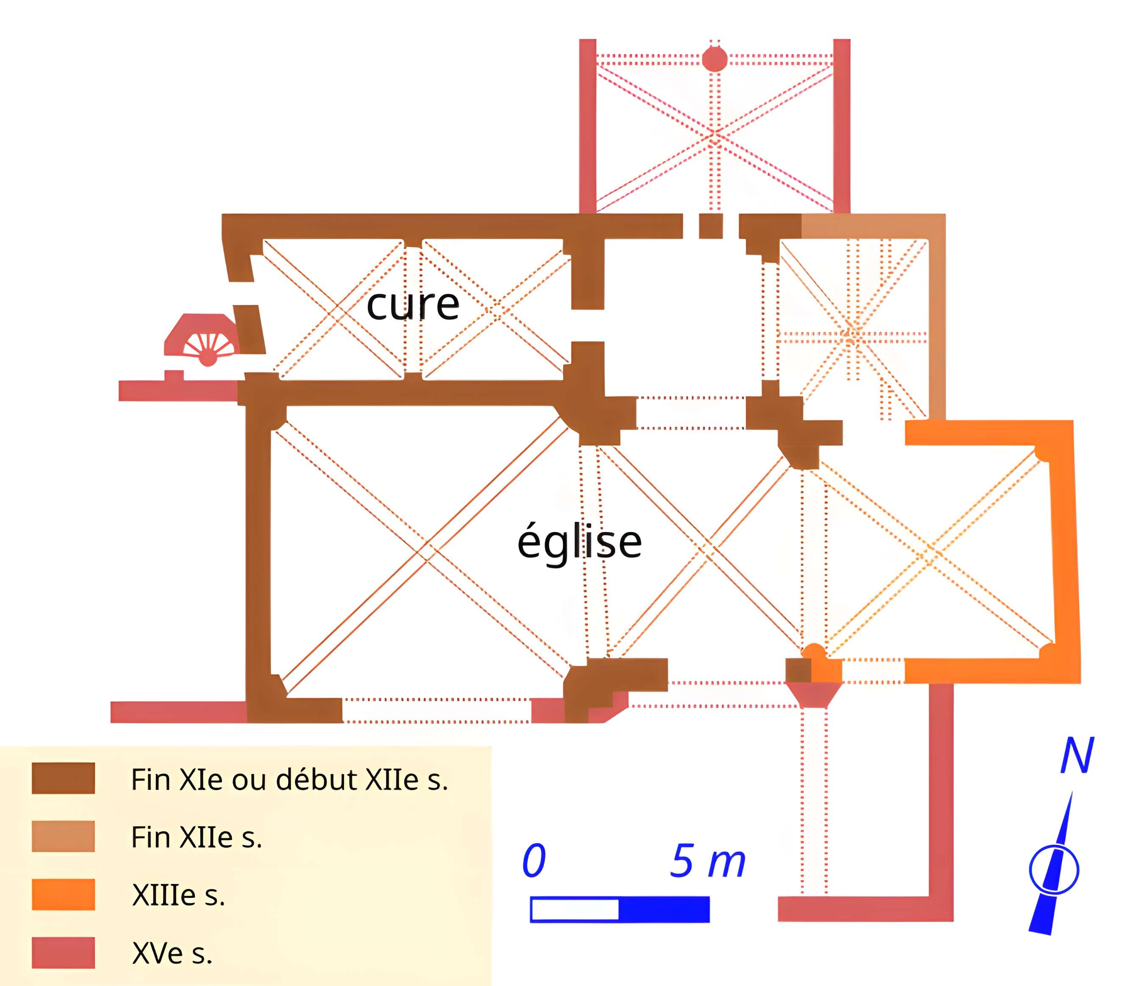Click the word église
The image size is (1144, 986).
pyautogui.click(x=579, y=543)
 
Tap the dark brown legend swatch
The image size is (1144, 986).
pyautogui.click(x=63, y=778)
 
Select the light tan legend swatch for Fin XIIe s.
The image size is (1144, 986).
pyautogui.click(x=63, y=836)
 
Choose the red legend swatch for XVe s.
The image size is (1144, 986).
pyautogui.click(x=63, y=953)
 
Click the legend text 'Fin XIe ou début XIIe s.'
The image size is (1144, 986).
pyautogui.click(x=289, y=780)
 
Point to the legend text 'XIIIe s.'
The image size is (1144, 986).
pyautogui.click(x=178, y=895)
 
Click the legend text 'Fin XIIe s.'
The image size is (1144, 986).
pyautogui.click(x=197, y=837)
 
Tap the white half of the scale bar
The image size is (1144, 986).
pyautogui.click(x=575, y=909)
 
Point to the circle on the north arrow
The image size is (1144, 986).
pyautogui.click(x=1053, y=870)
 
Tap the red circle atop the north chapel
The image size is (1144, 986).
pyautogui.click(x=714, y=59)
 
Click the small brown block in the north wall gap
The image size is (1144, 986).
pyautogui.click(x=711, y=226)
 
